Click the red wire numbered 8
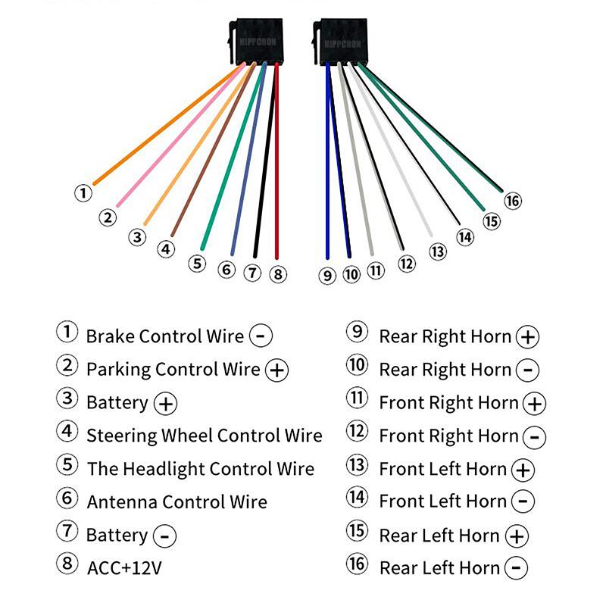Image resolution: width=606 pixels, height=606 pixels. (x=276, y=161)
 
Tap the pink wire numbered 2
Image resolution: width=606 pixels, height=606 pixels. (x=181, y=135)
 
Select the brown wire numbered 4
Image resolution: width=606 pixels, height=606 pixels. (x=214, y=149)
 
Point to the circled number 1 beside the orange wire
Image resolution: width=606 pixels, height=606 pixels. (x=83, y=193)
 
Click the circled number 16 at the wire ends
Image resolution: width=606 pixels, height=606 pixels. (x=513, y=201)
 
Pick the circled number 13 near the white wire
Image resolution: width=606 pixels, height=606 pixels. (x=438, y=252)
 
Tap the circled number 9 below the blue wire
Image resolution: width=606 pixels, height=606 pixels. (x=327, y=276)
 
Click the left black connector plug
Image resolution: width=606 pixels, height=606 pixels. (x=256, y=42)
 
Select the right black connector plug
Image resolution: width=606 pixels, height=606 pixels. (x=340, y=42)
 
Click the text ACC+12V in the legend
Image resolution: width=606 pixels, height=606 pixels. (x=124, y=568)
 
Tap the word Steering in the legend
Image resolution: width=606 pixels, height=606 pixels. (x=122, y=436)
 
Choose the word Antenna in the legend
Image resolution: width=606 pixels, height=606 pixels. (x=122, y=502)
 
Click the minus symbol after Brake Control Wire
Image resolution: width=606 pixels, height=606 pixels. (x=261, y=336)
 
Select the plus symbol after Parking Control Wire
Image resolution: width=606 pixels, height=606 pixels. (x=276, y=370)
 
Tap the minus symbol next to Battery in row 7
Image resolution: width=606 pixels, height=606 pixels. (x=164, y=536)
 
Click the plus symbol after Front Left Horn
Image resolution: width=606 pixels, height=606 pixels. (x=523, y=470)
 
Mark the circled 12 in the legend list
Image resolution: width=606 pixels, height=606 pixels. (x=357, y=431)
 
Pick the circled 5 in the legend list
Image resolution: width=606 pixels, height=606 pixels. (x=67, y=464)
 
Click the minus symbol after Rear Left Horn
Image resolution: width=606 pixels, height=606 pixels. (x=517, y=567)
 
